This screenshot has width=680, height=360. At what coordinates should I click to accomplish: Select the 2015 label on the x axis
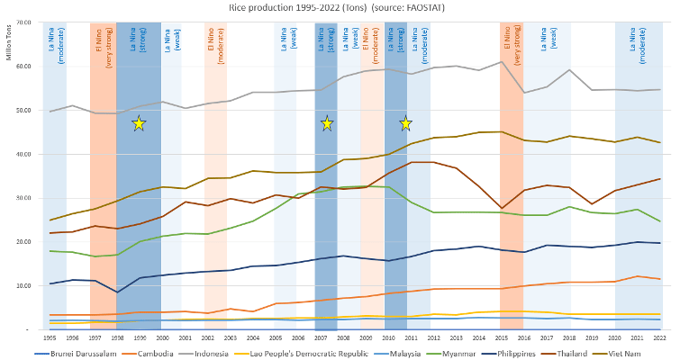[x=511, y=337]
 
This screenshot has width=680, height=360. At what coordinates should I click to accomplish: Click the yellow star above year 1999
[x=139, y=123]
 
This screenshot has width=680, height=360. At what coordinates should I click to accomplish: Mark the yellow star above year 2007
[x=326, y=123]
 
